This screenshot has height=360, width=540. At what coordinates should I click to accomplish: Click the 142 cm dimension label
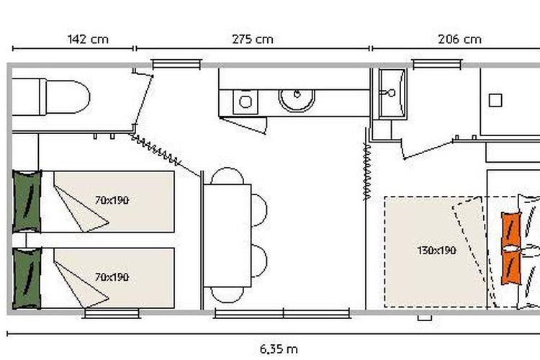tap(88, 39)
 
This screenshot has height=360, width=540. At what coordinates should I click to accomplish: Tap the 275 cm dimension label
tap(253, 39)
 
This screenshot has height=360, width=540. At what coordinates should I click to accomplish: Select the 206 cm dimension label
tap(459, 39)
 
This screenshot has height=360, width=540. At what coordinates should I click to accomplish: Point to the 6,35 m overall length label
tap(279, 349)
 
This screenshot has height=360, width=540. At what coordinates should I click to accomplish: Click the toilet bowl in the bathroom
tap(68, 96)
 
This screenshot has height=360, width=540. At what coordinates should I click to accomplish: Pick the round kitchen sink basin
tap(297, 100)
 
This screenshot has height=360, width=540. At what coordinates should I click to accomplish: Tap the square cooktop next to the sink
tap(246, 102)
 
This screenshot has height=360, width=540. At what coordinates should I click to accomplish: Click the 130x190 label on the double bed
tap(437, 250)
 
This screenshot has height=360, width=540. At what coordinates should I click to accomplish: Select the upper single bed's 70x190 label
tap(112, 200)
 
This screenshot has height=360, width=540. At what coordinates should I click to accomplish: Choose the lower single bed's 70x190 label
tap(112, 277)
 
